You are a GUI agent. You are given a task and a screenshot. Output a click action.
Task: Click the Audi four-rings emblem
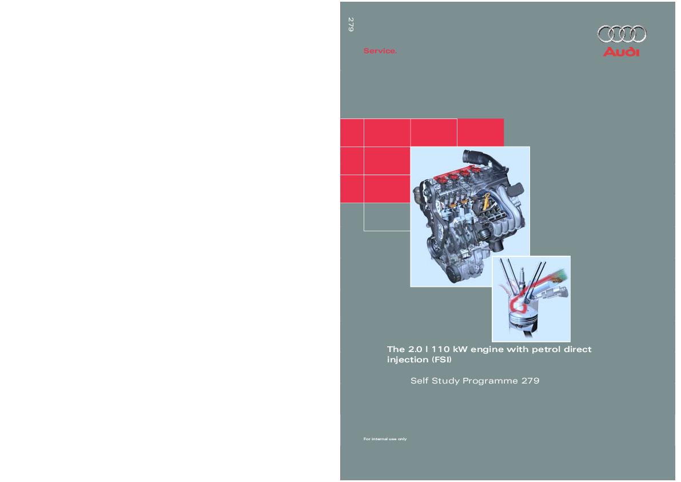[x=622, y=34]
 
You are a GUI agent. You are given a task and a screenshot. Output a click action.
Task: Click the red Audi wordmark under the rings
[x=622, y=52]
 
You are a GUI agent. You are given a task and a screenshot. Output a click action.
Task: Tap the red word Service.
[x=380, y=52]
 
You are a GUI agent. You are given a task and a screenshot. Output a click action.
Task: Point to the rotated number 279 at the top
[x=351, y=25]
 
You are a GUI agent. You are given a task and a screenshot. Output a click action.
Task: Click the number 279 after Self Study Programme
[x=530, y=380]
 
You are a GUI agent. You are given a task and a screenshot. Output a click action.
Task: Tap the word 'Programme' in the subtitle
[x=490, y=381]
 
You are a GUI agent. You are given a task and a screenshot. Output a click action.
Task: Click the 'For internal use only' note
[x=385, y=439]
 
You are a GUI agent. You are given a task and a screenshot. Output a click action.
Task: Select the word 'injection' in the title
[x=407, y=360]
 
